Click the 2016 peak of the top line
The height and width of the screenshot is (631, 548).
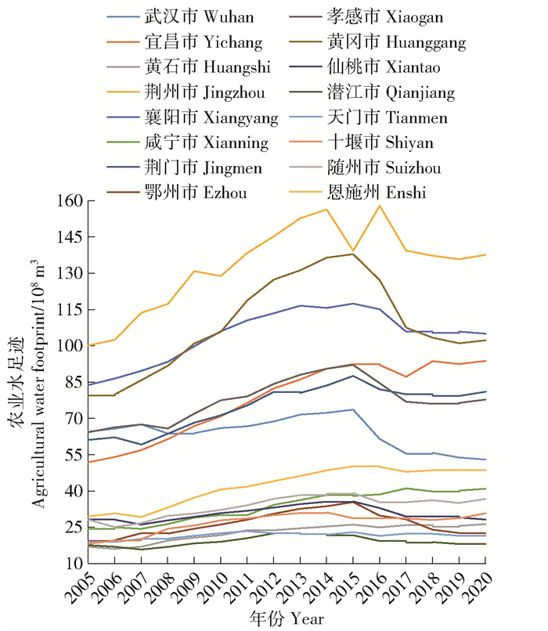tap(380, 206)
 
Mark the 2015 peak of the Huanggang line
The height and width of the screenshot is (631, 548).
tap(353, 254)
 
